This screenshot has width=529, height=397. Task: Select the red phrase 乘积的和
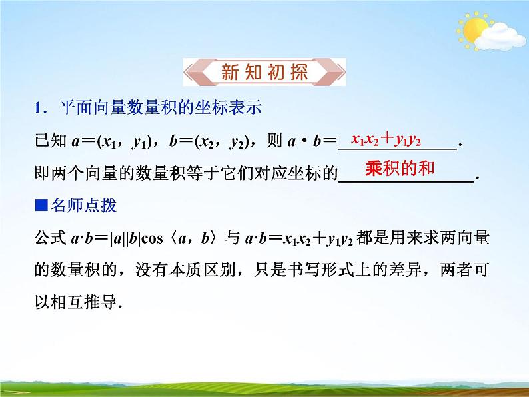click(400, 168)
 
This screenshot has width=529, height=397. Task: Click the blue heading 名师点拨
click(81, 206)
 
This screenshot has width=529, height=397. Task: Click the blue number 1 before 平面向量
click(38, 107)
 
